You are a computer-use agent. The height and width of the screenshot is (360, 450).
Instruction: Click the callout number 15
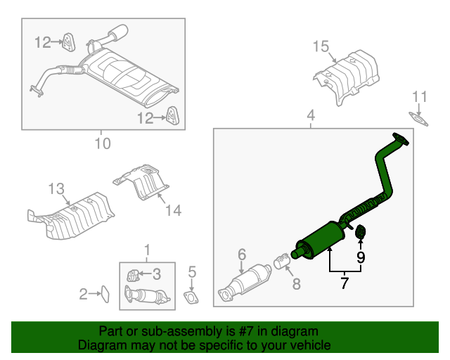321,47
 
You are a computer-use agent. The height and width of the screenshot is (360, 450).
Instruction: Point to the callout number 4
311,115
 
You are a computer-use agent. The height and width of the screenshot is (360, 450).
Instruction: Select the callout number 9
360,257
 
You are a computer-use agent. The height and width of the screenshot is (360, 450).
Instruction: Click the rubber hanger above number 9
359,231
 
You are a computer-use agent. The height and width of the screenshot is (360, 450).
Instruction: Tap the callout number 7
345,284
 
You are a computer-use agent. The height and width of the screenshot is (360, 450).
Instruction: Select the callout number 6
241,254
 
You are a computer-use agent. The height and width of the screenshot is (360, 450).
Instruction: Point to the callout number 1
148,250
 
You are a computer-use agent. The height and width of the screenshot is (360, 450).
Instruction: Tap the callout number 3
158,274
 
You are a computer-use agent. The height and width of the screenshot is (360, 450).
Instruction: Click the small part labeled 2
103,294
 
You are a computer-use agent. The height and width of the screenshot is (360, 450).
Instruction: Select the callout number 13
56,188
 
